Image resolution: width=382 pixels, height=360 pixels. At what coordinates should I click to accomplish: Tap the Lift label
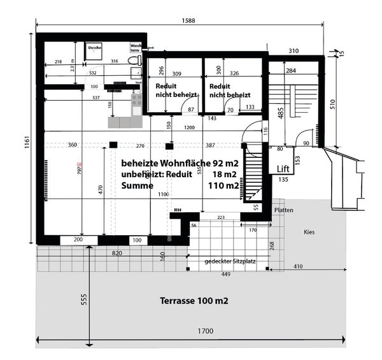coord(284,168)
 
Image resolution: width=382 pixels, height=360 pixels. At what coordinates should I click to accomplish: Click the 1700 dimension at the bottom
coord(204,331)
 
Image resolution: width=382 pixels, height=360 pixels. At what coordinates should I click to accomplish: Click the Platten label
coord(283,210)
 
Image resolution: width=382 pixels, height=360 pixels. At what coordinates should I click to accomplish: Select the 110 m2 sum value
coord(223,186)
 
